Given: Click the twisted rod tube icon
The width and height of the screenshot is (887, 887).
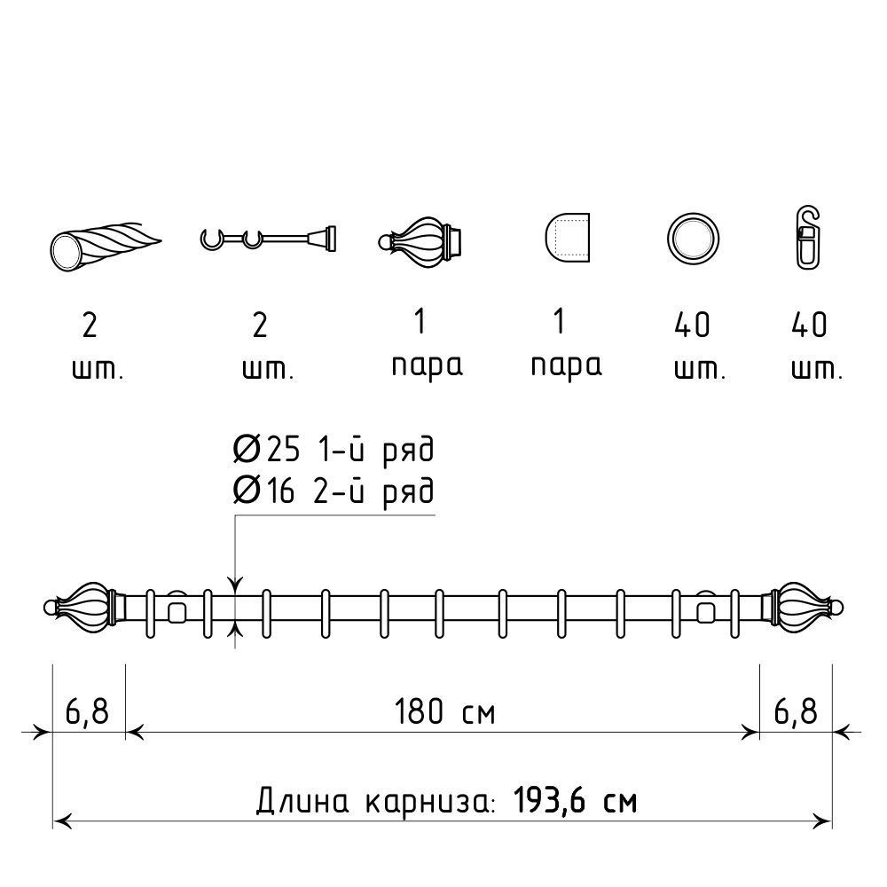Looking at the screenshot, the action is tap(105, 244).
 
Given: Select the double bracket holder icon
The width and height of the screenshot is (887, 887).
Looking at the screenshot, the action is tap(268, 239).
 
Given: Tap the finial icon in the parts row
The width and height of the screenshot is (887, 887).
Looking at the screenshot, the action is tap(420, 241).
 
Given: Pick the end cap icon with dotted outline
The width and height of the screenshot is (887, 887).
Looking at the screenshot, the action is tap(568, 238).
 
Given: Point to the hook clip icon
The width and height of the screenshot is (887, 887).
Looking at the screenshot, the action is tap(808, 238).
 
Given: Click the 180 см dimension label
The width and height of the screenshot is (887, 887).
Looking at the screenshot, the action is tap(444, 712).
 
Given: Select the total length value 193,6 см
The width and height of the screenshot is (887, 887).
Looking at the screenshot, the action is tap(576, 800).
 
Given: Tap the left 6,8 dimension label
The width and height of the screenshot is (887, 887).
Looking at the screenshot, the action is tap(87, 712).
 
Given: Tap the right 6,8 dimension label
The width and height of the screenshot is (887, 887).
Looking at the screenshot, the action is tap(796, 712).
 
